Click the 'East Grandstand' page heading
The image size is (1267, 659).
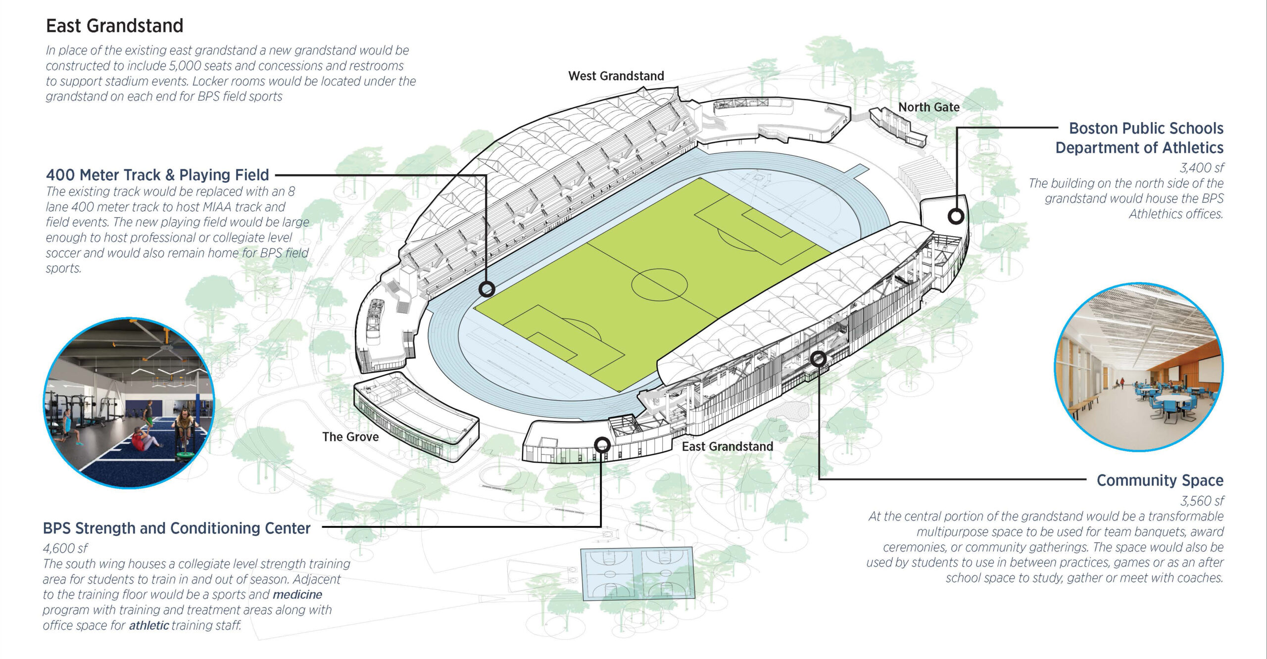114,26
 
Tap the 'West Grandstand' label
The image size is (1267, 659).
616,76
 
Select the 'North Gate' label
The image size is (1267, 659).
928,107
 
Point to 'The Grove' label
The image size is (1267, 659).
350,437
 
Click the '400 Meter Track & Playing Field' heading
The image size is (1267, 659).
157,175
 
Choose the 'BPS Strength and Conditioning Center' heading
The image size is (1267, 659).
177,528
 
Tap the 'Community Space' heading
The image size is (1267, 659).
1160,480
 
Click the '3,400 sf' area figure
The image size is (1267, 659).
1201,168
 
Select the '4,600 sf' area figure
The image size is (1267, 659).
65,548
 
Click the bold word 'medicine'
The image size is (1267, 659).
297,594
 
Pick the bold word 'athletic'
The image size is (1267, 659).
149,625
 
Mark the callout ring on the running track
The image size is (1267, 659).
487,289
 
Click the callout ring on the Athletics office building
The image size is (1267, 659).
956,216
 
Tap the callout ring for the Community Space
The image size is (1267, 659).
818,358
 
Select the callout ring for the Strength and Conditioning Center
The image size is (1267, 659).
602,445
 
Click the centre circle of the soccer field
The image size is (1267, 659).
659,285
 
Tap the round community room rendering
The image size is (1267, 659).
1138,367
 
